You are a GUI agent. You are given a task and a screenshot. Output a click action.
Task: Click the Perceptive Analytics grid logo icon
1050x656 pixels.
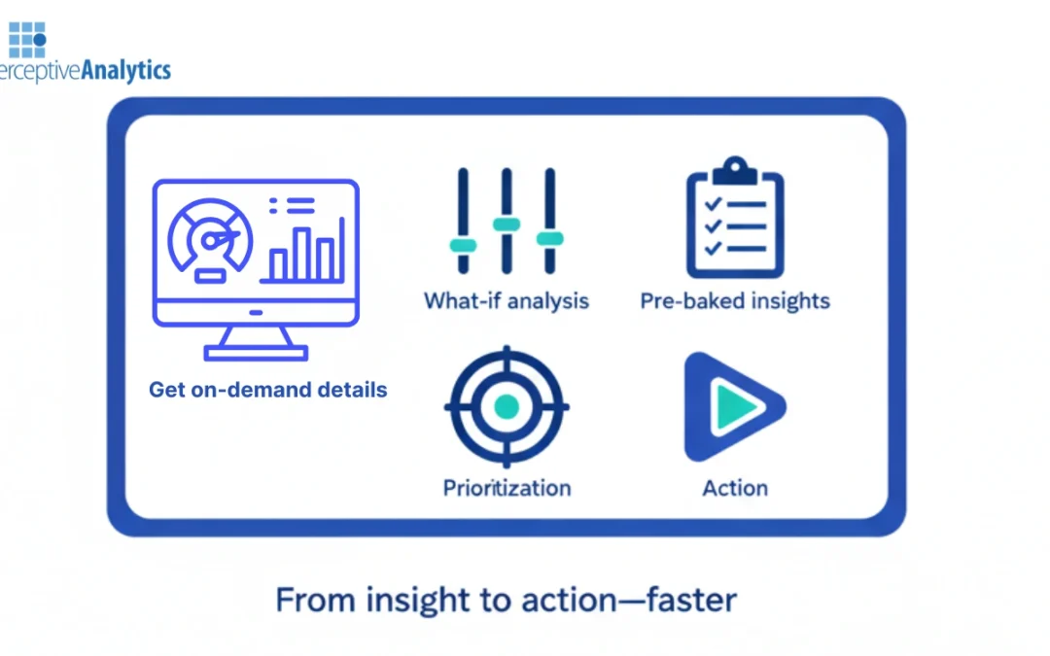point(26,39)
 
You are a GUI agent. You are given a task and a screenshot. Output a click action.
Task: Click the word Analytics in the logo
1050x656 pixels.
point(124,70)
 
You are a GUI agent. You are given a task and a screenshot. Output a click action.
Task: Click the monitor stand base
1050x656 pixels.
point(256,353)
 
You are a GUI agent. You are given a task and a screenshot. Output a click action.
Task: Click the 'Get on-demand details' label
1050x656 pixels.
point(267,390)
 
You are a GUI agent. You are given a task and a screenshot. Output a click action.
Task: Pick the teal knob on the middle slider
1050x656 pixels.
point(506,224)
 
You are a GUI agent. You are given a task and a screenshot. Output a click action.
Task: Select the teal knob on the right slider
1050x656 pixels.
point(550,239)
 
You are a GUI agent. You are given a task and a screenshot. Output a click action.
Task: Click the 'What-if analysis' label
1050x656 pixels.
point(506,300)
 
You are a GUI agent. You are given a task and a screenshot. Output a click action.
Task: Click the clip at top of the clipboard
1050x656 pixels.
point(734,172)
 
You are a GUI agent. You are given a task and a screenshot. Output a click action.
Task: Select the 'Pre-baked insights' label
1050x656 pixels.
point(735,300)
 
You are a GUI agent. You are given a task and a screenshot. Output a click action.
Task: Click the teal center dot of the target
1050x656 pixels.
point(506,407)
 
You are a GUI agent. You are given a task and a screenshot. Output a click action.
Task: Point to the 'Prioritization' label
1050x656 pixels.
point(507,487)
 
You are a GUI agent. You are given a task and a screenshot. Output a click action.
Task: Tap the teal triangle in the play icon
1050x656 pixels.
point(729,407)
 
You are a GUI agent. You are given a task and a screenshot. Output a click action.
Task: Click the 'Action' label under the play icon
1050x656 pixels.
point(735,487)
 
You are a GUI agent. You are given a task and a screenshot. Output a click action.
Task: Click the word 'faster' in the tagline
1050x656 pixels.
point(689,600)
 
